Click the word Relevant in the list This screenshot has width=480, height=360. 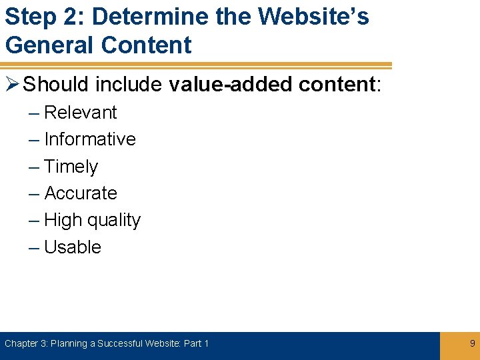pos(80,113)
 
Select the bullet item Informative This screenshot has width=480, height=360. pos(89,139)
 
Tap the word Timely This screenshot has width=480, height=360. pos(71,167)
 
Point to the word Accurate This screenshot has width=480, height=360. pos(80,193)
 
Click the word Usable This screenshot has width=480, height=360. pos(72,247)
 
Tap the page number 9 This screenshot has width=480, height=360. pos(473,343)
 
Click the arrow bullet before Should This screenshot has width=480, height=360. pos(13,85)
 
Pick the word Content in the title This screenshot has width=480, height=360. pos(146,45)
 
